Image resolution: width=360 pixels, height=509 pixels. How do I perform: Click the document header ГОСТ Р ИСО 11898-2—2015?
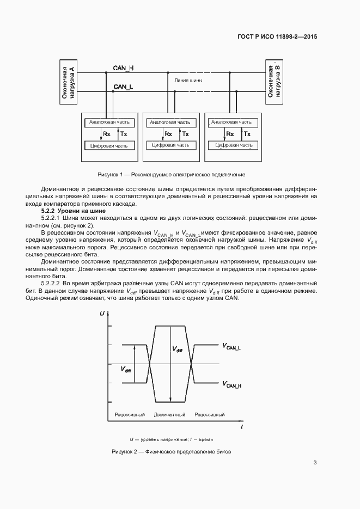[277, 37]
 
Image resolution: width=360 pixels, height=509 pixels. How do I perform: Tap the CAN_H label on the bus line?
[124, 68]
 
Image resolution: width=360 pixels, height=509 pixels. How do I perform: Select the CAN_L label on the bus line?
[123, 87]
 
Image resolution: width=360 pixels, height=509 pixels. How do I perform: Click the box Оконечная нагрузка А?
[68, 82]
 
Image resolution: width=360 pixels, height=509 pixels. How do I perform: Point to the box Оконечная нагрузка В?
[273, 81]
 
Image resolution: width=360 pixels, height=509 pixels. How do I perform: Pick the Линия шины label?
[188, 80]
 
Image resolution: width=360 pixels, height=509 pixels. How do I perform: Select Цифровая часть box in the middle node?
[171, 145]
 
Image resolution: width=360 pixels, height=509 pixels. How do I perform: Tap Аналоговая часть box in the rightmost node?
[231, 122]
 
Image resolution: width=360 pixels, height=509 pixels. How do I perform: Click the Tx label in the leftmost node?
[124, 134]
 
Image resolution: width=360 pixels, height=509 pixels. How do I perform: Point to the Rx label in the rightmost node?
[230, 134]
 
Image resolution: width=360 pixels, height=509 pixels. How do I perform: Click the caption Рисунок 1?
[171, 175]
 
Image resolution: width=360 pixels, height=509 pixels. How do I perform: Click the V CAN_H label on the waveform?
[232, 385]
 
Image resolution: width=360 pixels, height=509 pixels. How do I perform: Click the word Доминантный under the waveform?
[169, 415]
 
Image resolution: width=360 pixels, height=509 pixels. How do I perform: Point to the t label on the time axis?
[242, 427]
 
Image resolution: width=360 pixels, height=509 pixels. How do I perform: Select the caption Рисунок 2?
[172, 452]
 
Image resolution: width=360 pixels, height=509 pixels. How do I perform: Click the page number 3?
[315, 463]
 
